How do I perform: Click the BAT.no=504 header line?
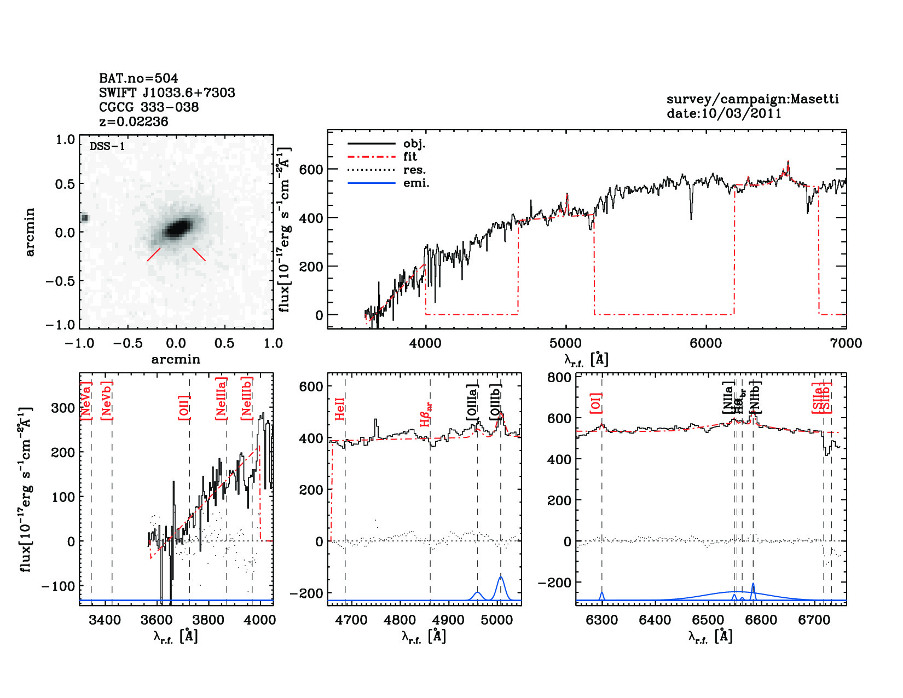[x=138, y=78]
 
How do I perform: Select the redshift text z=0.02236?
[x=134, y=122]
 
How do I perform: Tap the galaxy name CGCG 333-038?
[x=149, y=107]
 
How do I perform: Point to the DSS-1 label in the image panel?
[x=107, y=146]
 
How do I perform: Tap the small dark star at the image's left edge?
[x=85, y=218]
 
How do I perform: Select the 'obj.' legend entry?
[x=414, y=144]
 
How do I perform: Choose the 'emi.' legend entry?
[x=416, y=183]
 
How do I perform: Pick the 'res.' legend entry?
[x=414, y=170]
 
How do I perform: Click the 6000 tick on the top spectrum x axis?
[x=705, y=343]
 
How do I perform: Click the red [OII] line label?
[x=184, y=407]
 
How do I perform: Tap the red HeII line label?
[x=340, y=409]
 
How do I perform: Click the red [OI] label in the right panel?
[x=596, y=403]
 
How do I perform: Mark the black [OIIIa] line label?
[x=472, y=402]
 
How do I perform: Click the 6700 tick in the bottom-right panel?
[x=814, y=620]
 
